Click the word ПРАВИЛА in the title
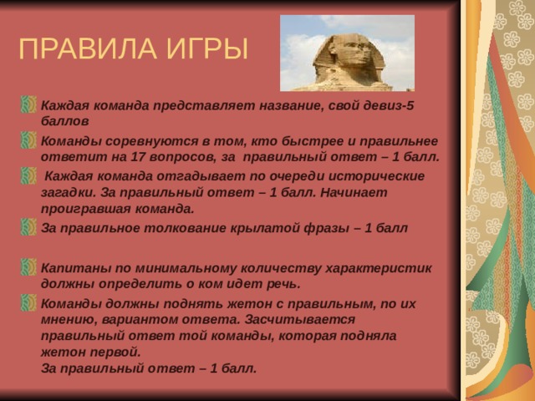coord(88,48)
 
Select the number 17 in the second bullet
coord(138,157)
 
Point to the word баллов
coord(65,121)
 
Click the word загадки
coord(69,193)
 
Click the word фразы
coord(327,228)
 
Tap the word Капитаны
coord(76,268)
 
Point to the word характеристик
coord(379,268)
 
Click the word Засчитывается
coord(299,319)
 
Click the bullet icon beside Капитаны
coord(28,267)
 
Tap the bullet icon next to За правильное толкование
coord(28,227)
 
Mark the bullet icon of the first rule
coord(28,104)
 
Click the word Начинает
coord(354,192)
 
